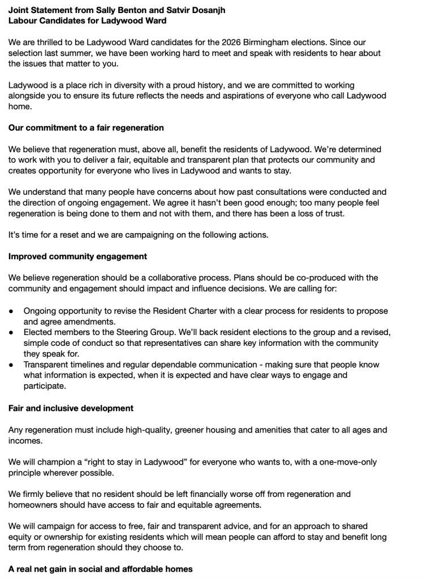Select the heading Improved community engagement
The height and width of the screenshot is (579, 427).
point(77,256)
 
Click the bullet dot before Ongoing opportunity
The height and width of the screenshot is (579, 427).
point(12,311)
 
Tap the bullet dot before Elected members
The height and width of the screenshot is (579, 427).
point(12,333)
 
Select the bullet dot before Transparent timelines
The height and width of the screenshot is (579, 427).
point(12,365)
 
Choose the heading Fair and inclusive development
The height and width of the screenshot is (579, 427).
point(71,408)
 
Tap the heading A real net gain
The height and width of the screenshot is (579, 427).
point(100,569)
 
